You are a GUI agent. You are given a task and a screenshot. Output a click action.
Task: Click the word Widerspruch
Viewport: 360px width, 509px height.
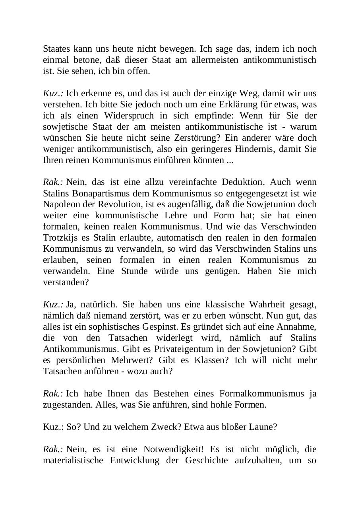point(127,116)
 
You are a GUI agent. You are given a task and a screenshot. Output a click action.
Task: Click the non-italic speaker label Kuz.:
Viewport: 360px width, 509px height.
point(53,427)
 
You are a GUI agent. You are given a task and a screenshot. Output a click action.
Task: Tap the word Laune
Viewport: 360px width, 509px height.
point(264,427)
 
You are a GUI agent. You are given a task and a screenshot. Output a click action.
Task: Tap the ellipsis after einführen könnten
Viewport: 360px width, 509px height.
point(230,160)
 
